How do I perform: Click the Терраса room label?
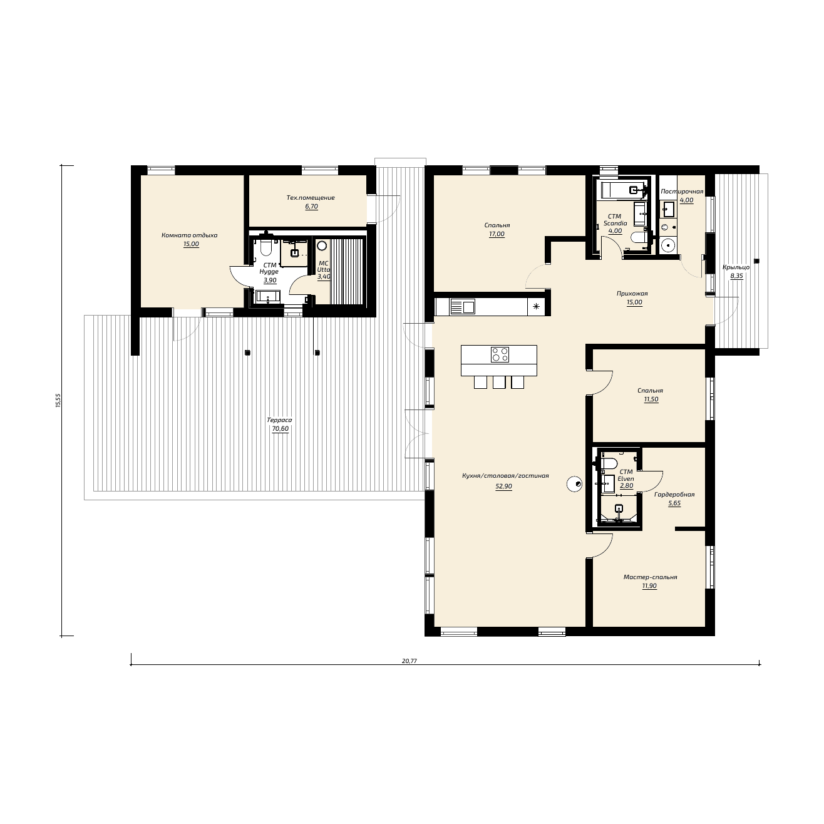coord(279,420)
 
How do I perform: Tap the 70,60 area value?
coord(280,429)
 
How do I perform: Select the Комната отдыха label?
coord(190,235)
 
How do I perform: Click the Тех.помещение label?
coord(311,198)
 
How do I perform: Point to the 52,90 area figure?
coord(503,486)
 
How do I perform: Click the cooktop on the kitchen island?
coord(500,354)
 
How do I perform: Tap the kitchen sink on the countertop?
coord(463,307)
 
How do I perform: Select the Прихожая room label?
coord(632,293)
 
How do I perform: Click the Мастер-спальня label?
coord(650,577)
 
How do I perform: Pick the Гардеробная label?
coord(674,494)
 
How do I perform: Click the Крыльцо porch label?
coord(736,267)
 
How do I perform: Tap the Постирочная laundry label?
coord(682,192)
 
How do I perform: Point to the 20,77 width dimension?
coord(409,661)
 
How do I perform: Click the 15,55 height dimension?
coord(58,400)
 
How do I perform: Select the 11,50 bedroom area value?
coord(651,399)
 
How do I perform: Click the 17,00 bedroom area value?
coord(497,234)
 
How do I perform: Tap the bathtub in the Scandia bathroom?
coord(622,190)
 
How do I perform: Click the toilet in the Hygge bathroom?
coord(266,247)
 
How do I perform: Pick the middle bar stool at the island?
coord(499,383)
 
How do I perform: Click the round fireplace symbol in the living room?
coord(574,484)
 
